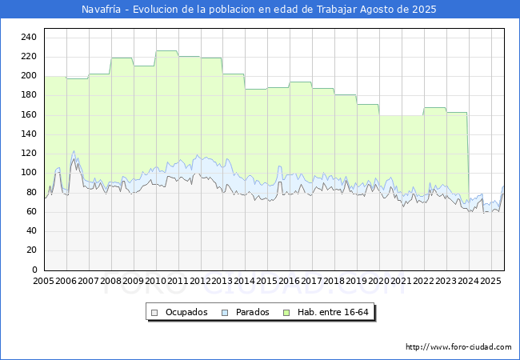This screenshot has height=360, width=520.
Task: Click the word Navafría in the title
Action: (101, 10)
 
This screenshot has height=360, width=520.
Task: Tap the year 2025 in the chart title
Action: (424, 10)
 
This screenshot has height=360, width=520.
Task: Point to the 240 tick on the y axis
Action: (29, 37)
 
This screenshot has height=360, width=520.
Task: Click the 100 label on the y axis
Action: (29, 172)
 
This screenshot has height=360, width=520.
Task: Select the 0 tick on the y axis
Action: (34, 270)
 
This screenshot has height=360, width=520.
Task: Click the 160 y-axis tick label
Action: (29, 114)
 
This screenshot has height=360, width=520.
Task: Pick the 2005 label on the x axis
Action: (43, 281)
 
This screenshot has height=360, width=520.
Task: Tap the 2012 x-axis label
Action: (200, 281)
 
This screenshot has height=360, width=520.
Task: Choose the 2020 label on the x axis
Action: (378, 281)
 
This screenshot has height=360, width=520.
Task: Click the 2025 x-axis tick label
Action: (490, 281)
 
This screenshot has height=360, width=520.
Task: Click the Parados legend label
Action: (252, 312)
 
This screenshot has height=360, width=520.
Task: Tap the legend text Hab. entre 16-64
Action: (333, 312)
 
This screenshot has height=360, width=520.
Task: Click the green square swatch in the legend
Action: (286, 313)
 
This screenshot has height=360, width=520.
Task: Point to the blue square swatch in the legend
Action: (225, 313)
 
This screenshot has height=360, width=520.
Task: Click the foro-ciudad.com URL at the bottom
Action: (458, 347)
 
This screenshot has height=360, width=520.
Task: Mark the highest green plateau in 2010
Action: (167, 50)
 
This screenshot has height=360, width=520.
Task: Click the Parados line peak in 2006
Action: (74, 151)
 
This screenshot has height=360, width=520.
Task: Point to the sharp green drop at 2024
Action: (468, 156)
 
